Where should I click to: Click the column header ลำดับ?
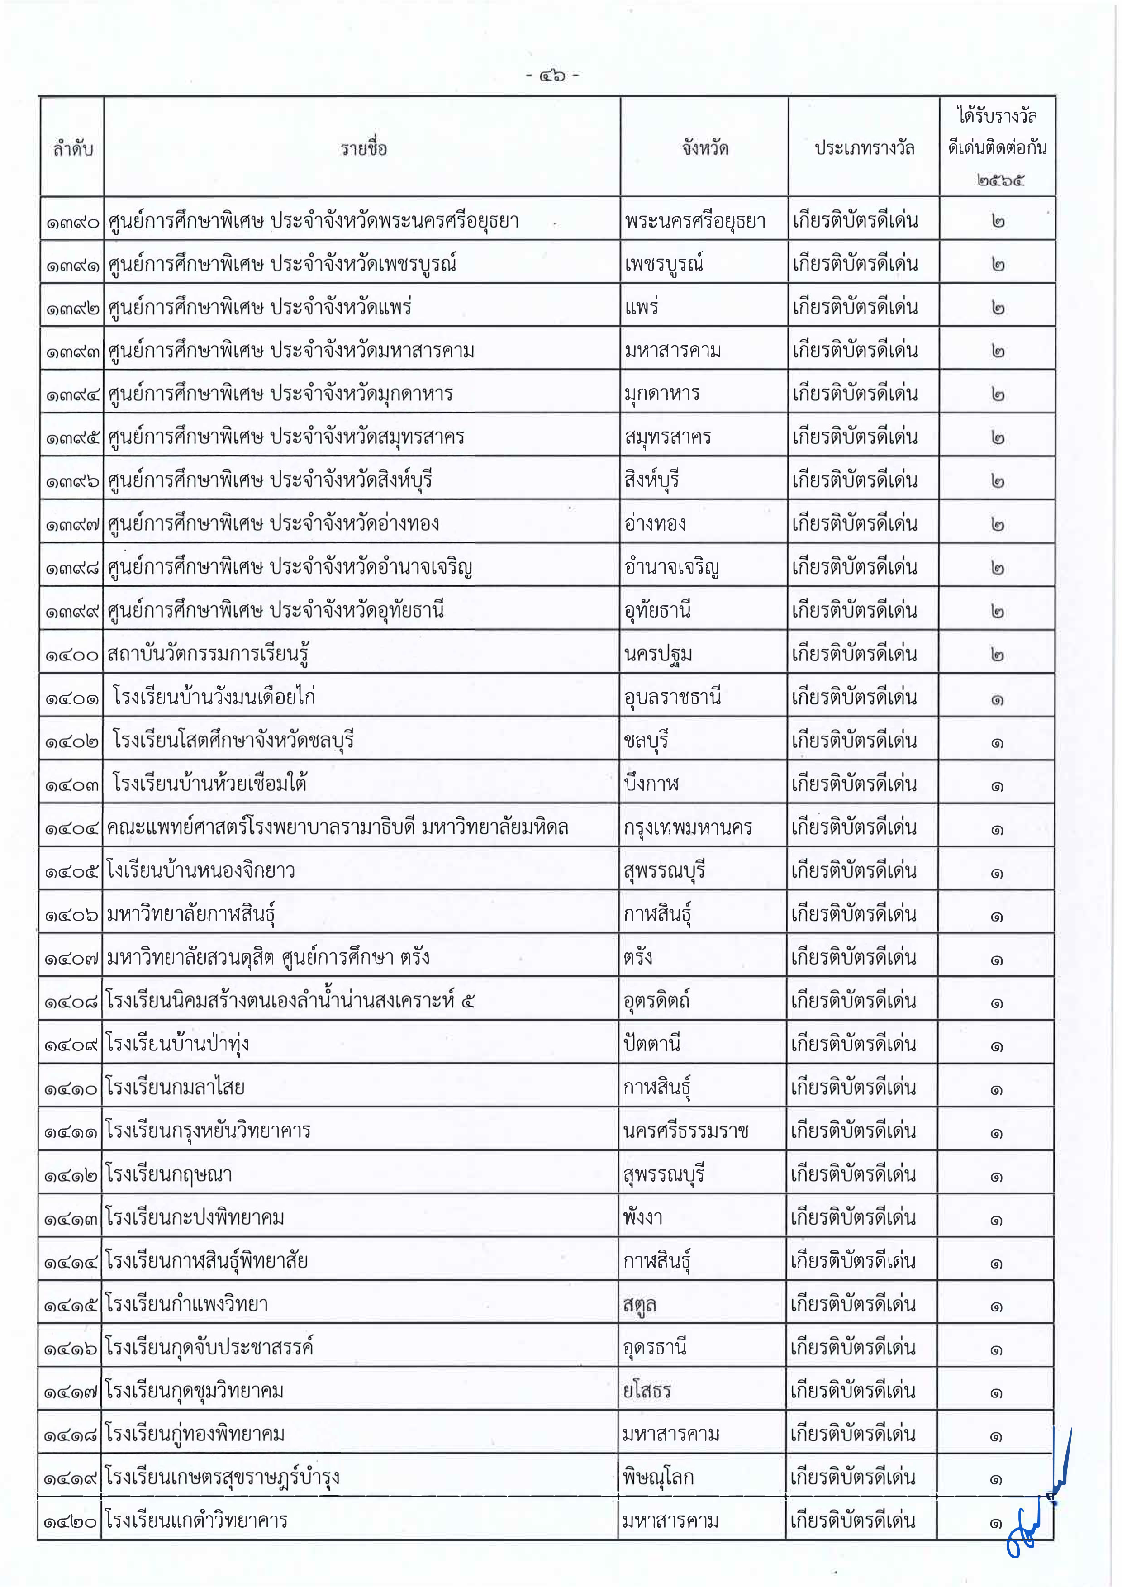click(x=72, y=148)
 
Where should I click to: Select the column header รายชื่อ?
click(x=363, y=148)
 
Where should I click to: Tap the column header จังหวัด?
click(x=704, y=148)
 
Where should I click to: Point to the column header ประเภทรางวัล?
click(x=864, y=148)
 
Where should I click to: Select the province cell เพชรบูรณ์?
click(x=664, y=264)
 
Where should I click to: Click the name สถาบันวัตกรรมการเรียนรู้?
click(x=207, y=654)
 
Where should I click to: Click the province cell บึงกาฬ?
click(x=651, y=784)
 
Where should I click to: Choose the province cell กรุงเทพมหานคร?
click(x=688, y=827)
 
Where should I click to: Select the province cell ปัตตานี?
click(x=652, y=1044)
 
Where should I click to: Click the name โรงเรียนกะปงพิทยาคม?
click(x=195, y=1217)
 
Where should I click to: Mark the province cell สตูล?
click(x=639, y=1304)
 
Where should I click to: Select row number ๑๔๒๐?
click(x=71, y=1521)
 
